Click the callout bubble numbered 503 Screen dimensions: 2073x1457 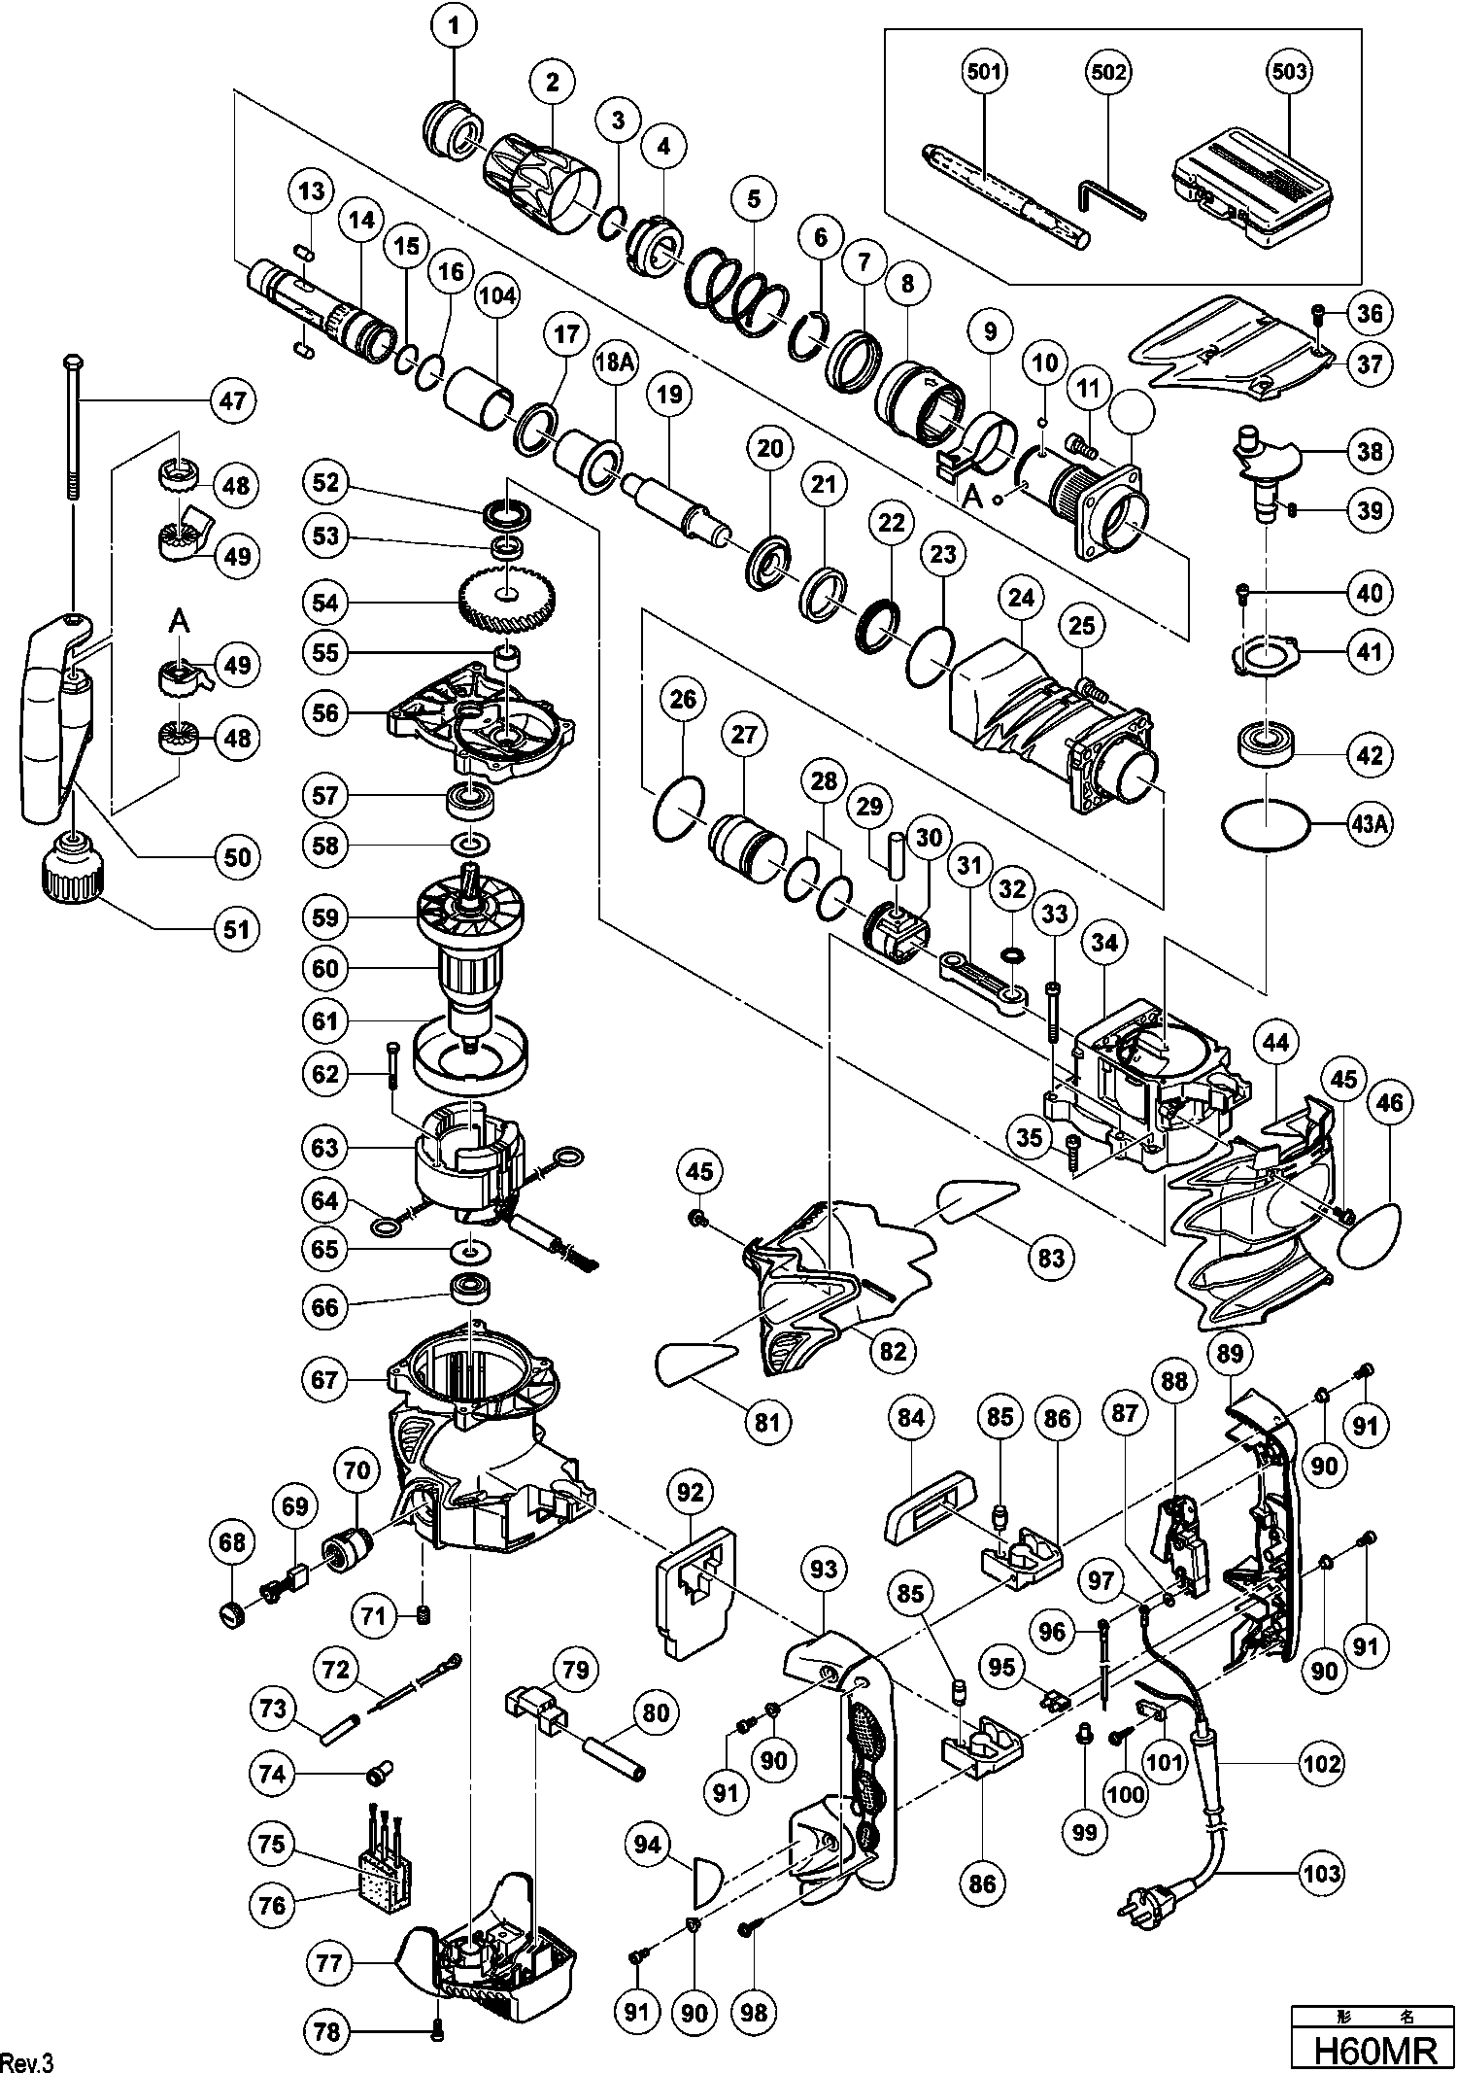(x=1288, y=71)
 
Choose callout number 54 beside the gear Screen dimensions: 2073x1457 (x=325, y=603)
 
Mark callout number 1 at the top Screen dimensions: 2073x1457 (x=454, y=26)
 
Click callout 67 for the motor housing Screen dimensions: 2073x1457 (x=325, y=1379)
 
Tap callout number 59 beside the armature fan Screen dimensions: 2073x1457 (x=325, y=916)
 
